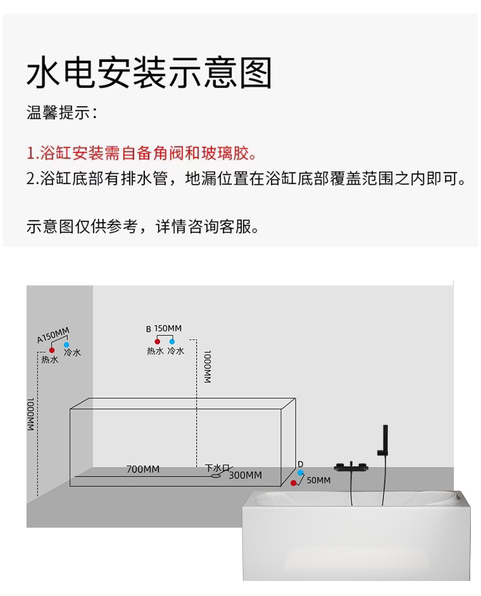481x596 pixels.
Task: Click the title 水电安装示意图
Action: [x=150, y=73]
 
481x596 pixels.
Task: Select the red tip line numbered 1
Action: [x=141, y=153]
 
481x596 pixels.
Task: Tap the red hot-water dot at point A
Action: [x=52, y=350]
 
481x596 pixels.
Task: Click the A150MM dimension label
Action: [x=54, y=334]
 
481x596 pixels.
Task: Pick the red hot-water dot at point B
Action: [x=158, y=341]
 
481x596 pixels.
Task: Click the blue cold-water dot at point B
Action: [x=172, y=341]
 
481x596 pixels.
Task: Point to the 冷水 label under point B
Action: [x=176, y=351]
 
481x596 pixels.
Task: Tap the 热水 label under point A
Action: [x=50, y=360]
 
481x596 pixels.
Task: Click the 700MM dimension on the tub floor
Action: [x=143, y=469]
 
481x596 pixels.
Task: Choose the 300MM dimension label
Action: [x=245, y=475]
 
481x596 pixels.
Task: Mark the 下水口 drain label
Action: [x=218, y=467]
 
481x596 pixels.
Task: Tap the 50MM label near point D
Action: [x=319, y=480]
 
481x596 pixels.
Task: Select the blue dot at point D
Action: [x=300, y=473]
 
